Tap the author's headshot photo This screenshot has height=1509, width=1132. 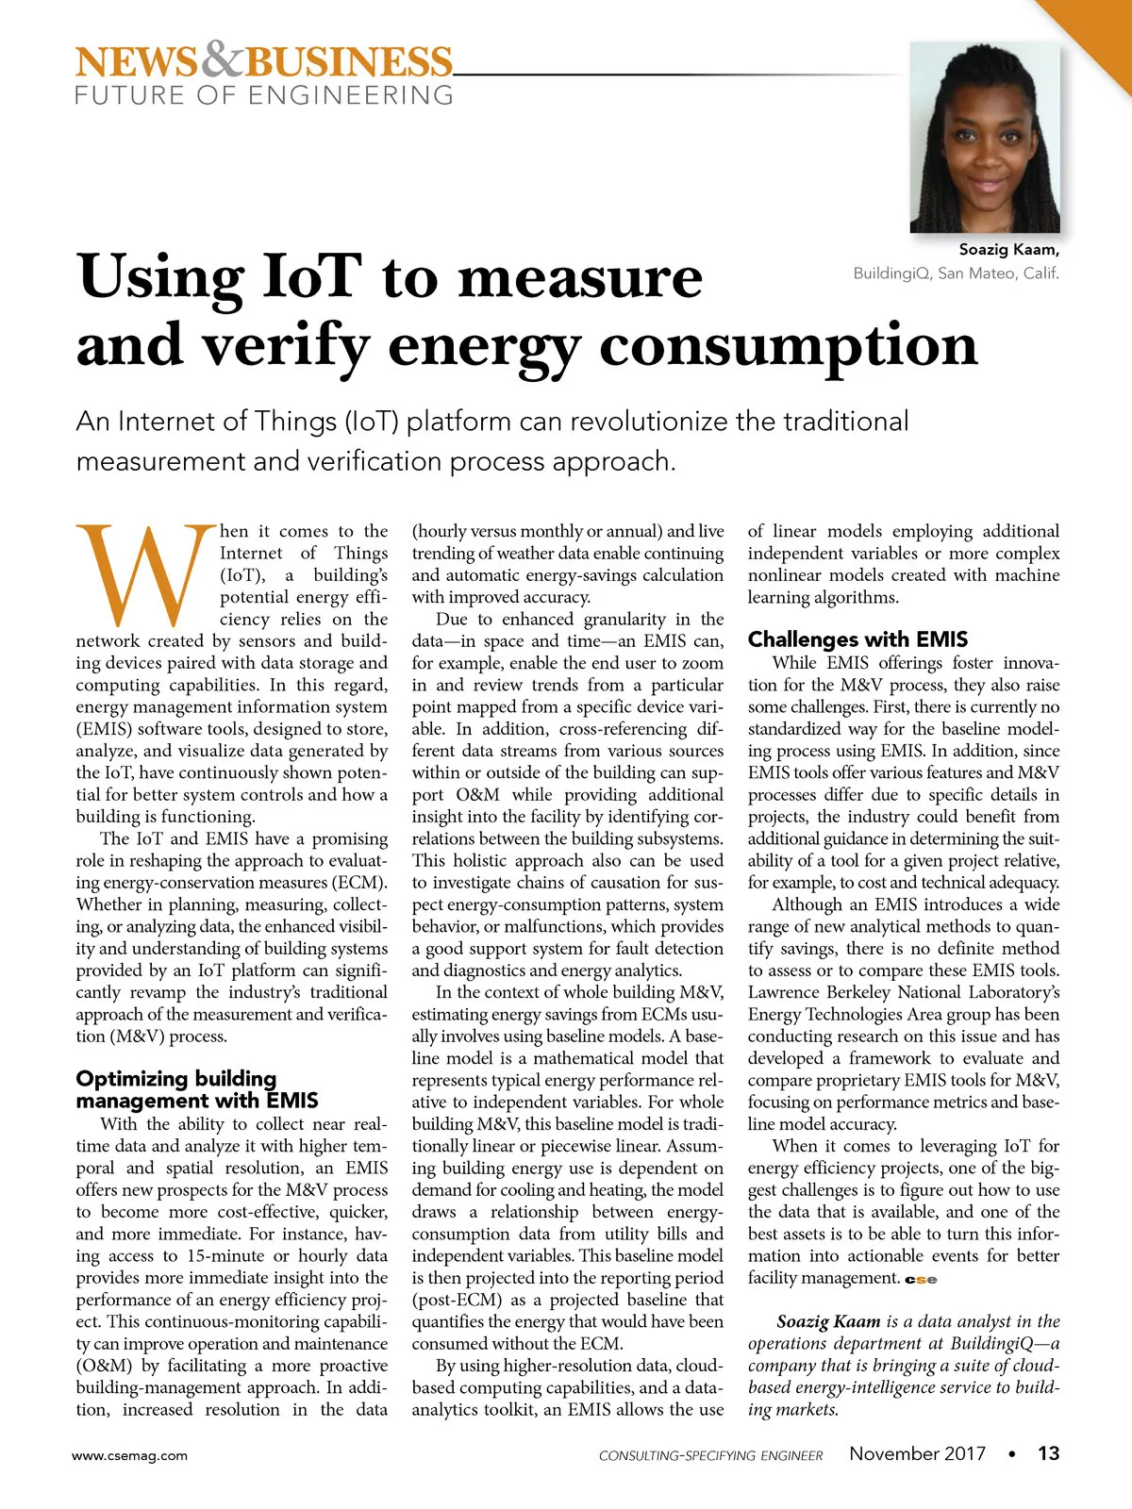click(x=984, y=138)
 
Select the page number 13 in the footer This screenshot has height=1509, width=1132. click(x=1048, y=1453)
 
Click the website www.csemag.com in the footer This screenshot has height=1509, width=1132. click(x=130, y=1455)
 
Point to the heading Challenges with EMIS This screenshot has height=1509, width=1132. click(x=857, y=639)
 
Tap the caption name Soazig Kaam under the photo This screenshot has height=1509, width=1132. click(x=1008, y=250)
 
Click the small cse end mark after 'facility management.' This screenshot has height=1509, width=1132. click(x=921, y=1280)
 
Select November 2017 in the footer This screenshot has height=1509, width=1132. click(x=917, y=1453)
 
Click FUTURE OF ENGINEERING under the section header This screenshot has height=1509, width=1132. click(x=264, y=95)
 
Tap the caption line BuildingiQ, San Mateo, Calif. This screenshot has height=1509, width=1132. click(x=956, y=274)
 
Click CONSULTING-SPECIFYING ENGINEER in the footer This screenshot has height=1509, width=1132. click(x=710, y=1455)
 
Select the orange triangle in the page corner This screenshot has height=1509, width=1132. click(x=1100, y=33)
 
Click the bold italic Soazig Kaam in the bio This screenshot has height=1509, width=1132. click(x=828, y=1321)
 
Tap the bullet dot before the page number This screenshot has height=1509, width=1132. click(x=1012, y=1454)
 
